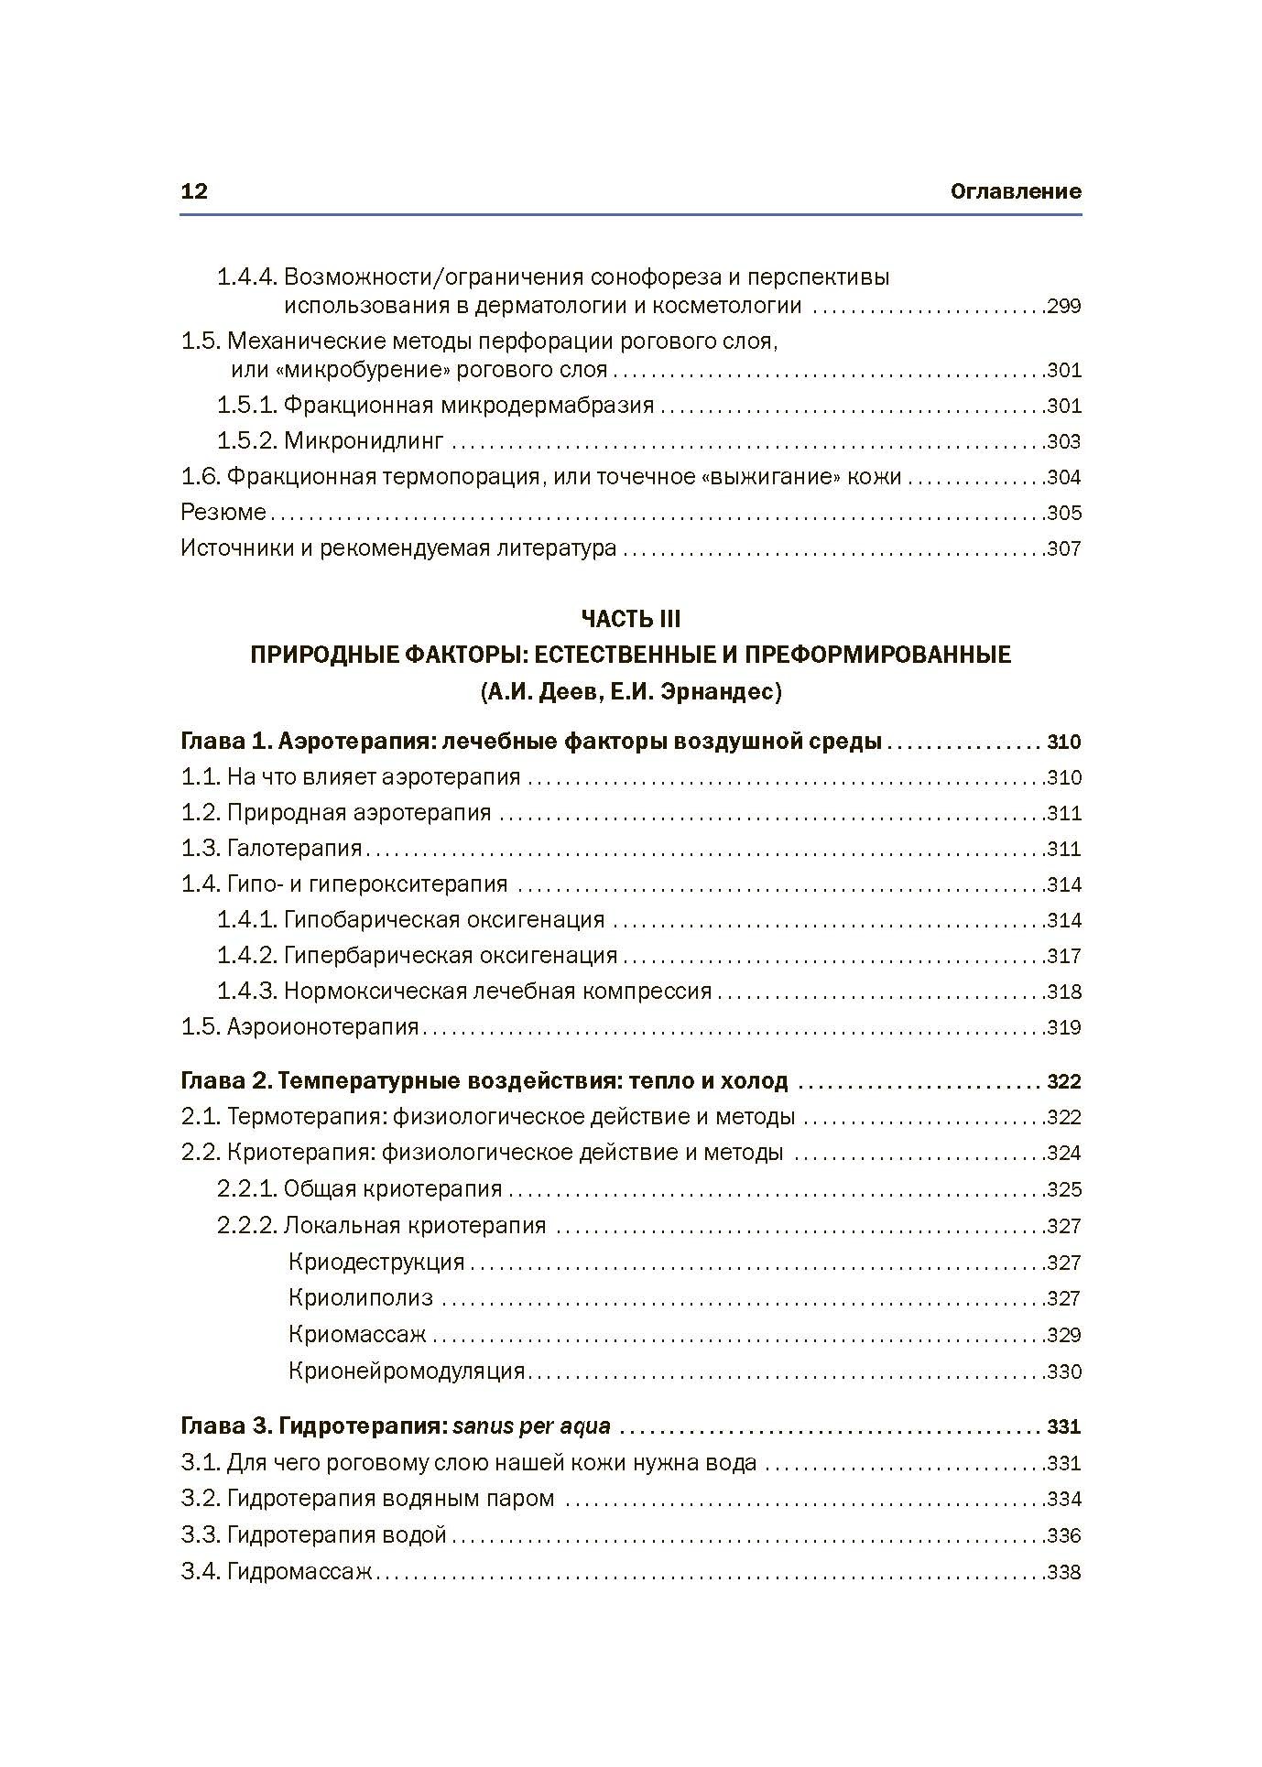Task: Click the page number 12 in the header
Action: point(195,191)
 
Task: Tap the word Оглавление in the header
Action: point(1016,191)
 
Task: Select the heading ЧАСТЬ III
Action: point(631,619)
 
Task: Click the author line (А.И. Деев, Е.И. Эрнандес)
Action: point(631,692)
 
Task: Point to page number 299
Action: point(1063,306)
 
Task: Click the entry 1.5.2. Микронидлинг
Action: point(331,441)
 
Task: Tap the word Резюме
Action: point(223,513)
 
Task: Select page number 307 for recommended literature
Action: point(1063,549)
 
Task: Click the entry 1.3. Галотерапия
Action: point(272,849)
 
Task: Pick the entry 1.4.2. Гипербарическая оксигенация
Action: point(418,956)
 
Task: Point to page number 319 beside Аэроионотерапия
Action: point(1063,1027)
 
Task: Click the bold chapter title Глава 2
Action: point(484,1081)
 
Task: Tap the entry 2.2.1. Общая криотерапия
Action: point(360,1189)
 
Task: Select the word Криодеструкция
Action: point(376,1263)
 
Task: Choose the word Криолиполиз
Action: point(361,1298)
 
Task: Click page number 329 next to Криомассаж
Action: point(1063,1335)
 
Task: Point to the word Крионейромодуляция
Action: point(407,1371)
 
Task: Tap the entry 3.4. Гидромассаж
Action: point(277,1573)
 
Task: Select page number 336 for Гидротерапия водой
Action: point(1063,1535)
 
